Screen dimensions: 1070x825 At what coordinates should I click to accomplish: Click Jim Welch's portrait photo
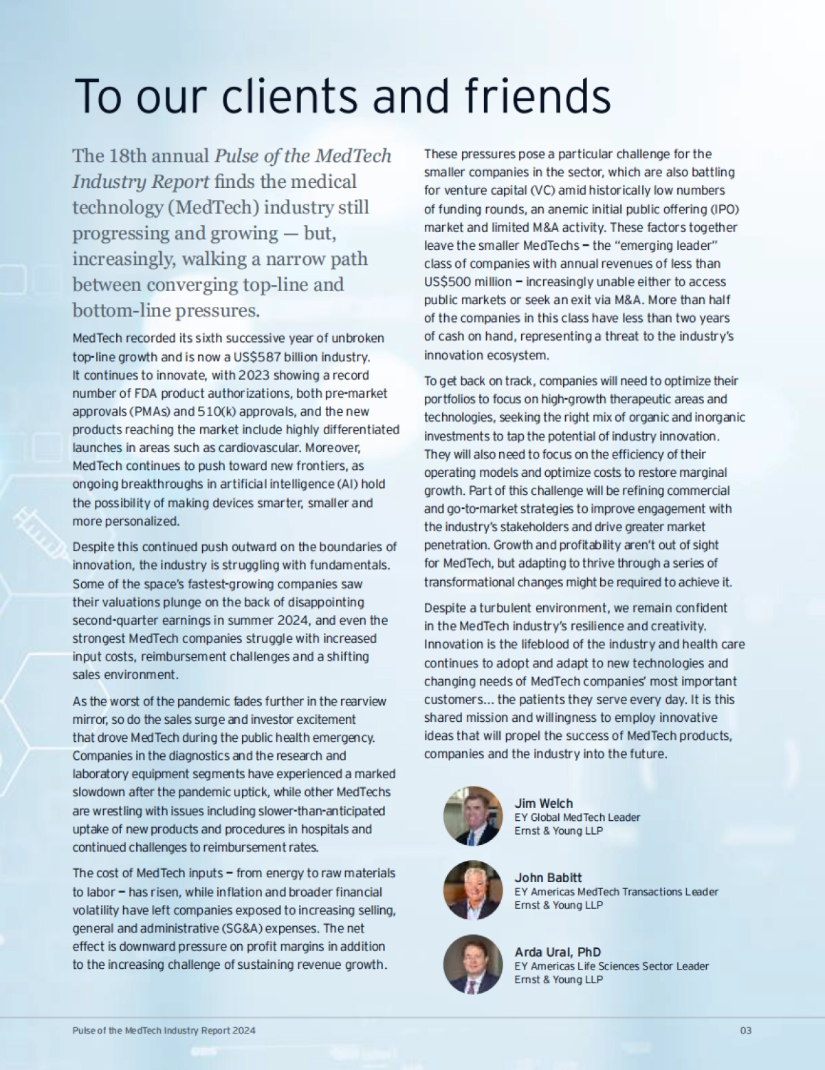[x=473, y=816]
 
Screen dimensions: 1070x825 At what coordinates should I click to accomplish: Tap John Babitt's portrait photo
[x=473, y=890]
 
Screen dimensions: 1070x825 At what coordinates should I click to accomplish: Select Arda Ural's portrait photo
[x=473, y=965]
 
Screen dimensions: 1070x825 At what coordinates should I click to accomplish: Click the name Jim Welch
[x=543, y=803]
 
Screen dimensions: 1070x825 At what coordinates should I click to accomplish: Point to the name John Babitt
[x=548, y=877]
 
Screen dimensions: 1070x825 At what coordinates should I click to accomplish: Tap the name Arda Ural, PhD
[x=558, y=952]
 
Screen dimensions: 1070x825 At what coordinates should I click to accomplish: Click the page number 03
[x=745, y=1030]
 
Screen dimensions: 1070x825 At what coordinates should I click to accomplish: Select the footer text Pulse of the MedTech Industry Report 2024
[x=164, y=1030]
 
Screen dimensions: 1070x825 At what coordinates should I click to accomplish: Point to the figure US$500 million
[x=467, y=281]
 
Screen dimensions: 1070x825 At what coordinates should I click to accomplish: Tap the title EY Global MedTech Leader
[x=577, y=817]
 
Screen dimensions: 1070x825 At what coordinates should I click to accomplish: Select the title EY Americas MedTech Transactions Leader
[x=616, y=892]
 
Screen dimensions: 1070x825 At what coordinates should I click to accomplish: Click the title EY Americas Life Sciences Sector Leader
[x=611, y=966]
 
